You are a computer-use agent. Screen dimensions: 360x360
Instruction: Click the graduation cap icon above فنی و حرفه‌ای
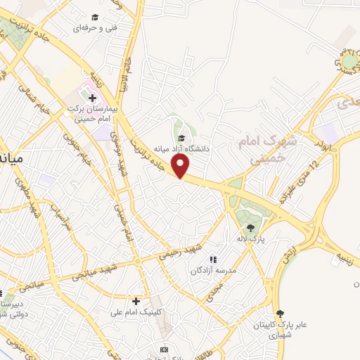coord(95,17)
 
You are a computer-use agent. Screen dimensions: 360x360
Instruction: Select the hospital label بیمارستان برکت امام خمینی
coord(91,114)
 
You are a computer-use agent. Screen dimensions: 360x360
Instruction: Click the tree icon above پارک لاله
coord(250,227)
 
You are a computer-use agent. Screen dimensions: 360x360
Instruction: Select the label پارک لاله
coord(250,238)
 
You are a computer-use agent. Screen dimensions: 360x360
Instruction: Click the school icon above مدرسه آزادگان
coord(213,259)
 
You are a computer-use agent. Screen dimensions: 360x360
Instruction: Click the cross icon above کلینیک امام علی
coord(136,301)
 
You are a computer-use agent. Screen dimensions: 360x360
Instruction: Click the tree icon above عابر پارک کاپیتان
coord(281,313)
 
